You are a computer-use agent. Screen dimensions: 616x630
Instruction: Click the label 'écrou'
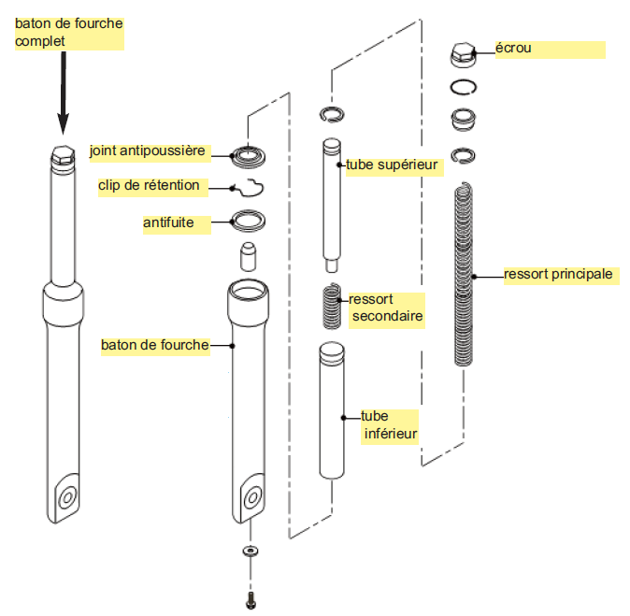514,48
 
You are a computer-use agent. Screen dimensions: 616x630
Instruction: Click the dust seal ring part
248,154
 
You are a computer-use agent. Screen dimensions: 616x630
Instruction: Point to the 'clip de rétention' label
149,186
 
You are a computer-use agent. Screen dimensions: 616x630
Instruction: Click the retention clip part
246,187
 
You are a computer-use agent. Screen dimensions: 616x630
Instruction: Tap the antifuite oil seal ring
248,222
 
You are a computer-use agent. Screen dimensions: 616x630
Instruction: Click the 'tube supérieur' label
392,165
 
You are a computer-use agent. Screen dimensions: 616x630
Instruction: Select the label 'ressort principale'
558,275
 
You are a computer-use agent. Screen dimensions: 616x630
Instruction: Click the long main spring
465,276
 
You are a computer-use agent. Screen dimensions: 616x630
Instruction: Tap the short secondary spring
332,307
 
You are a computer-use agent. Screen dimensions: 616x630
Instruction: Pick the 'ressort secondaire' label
385,308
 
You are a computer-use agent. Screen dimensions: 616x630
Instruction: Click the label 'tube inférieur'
389,424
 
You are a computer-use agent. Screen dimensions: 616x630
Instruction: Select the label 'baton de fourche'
154,345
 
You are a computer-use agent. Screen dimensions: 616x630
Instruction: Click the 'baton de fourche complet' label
68,33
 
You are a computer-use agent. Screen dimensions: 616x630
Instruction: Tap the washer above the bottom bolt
250,551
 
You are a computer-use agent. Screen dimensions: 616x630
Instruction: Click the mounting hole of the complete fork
66,498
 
